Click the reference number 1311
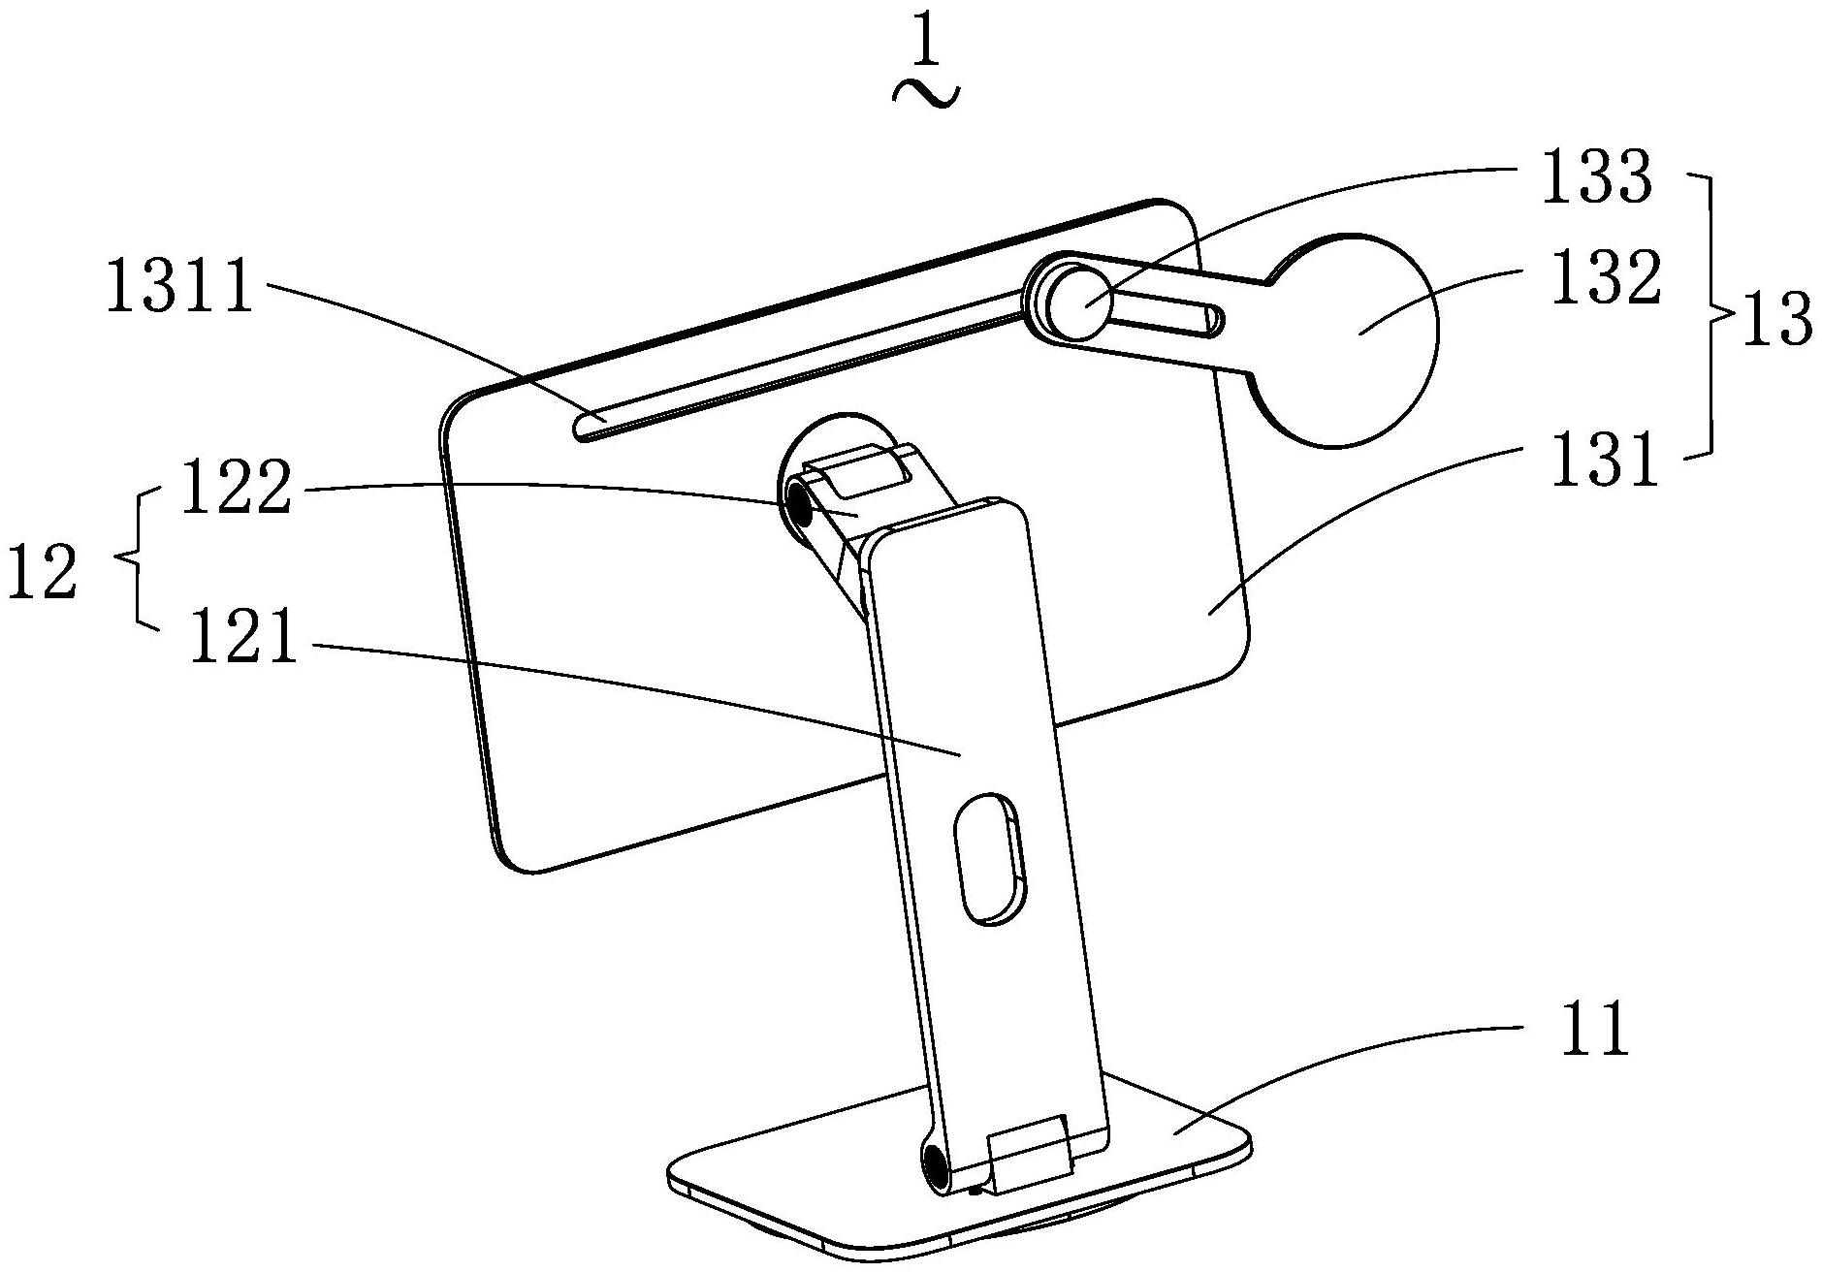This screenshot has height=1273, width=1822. pyautogui.click(x=180, y=287)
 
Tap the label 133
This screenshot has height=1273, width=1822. pyautogui.click(x=1595, y=176)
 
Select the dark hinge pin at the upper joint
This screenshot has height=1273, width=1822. pyautogui.click(x=800, y=505)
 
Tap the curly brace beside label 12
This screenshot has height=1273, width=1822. pyautogui.click(x=136, y=558)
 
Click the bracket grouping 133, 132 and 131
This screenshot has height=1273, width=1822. pyautogui.click(x=1710, y=314)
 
